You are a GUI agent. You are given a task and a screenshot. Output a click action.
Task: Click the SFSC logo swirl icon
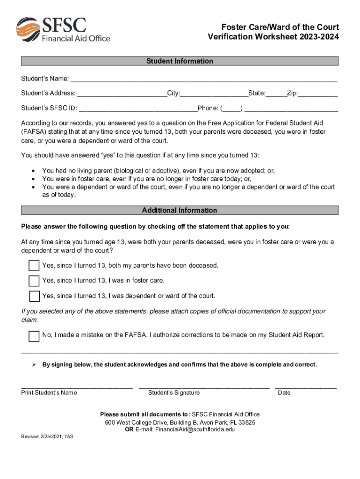[28, 29]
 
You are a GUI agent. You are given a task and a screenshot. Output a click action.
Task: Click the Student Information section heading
[180, 61]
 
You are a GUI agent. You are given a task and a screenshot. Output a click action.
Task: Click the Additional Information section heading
[180, 210]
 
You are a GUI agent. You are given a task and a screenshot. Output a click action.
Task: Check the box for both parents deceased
[34, 266]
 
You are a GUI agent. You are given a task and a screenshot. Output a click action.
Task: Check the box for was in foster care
[34, 281]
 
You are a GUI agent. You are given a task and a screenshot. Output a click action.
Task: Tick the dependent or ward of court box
[34, 296]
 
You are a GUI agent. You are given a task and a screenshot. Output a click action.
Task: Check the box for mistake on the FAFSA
[34, 336]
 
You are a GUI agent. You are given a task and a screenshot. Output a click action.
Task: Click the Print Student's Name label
[49, 393]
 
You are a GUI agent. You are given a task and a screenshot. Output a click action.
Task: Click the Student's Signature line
[204, 387]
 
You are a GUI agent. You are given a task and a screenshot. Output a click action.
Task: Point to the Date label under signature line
[284, 393]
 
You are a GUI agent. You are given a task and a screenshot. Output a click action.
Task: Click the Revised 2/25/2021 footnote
[47, 436]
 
